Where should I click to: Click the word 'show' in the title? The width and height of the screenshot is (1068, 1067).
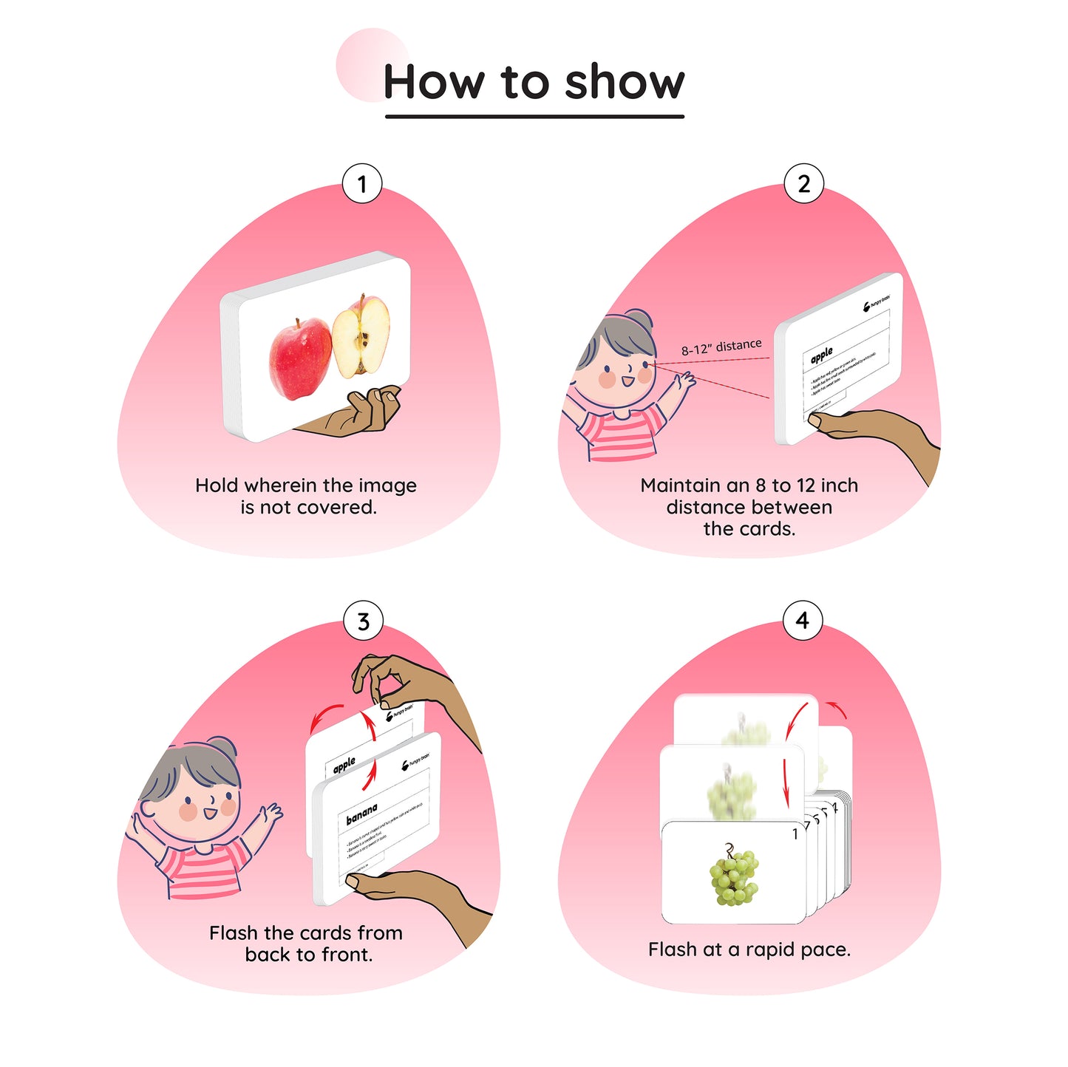point(625,82)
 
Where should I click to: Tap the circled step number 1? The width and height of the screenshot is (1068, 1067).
point(361,184)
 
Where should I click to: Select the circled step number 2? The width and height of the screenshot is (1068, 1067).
point(803,184)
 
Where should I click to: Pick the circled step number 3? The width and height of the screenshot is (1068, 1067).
point(363,621)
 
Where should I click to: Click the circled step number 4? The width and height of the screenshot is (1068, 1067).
point(802,621)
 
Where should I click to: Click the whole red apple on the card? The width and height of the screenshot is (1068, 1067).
point(299,358)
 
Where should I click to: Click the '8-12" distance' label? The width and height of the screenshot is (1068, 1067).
point(721,347)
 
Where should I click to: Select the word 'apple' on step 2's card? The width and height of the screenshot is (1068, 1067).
point(820,355)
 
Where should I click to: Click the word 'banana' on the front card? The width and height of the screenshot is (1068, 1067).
point(361,814)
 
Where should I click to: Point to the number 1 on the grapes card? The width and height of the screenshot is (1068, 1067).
point(795,834)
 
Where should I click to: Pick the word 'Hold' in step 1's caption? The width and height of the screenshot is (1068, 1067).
point(217,485)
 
